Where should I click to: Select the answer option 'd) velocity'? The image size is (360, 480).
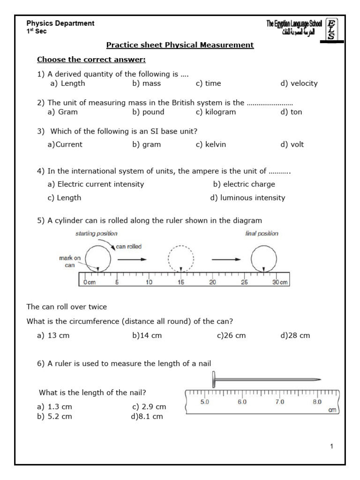click(299, 83)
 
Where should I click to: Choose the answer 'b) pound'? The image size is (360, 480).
click(148, 112)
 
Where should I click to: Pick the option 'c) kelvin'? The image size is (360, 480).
click(211, 144)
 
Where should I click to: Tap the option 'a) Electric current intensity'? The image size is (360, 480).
click(96, 184)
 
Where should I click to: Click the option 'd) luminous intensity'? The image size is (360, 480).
click(247, 198)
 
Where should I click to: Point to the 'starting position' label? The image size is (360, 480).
click(96, 233)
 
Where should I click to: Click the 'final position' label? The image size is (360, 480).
click(262, 233)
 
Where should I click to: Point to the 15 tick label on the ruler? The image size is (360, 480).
click(180, 283)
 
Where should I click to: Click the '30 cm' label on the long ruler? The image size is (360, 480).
click(280, 283)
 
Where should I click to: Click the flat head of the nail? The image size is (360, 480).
click(214, 379)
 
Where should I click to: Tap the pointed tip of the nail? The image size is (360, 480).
click(320, 379)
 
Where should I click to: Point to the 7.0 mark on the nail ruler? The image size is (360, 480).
click(279, 402)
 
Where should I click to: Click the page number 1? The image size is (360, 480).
click(331, 446)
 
